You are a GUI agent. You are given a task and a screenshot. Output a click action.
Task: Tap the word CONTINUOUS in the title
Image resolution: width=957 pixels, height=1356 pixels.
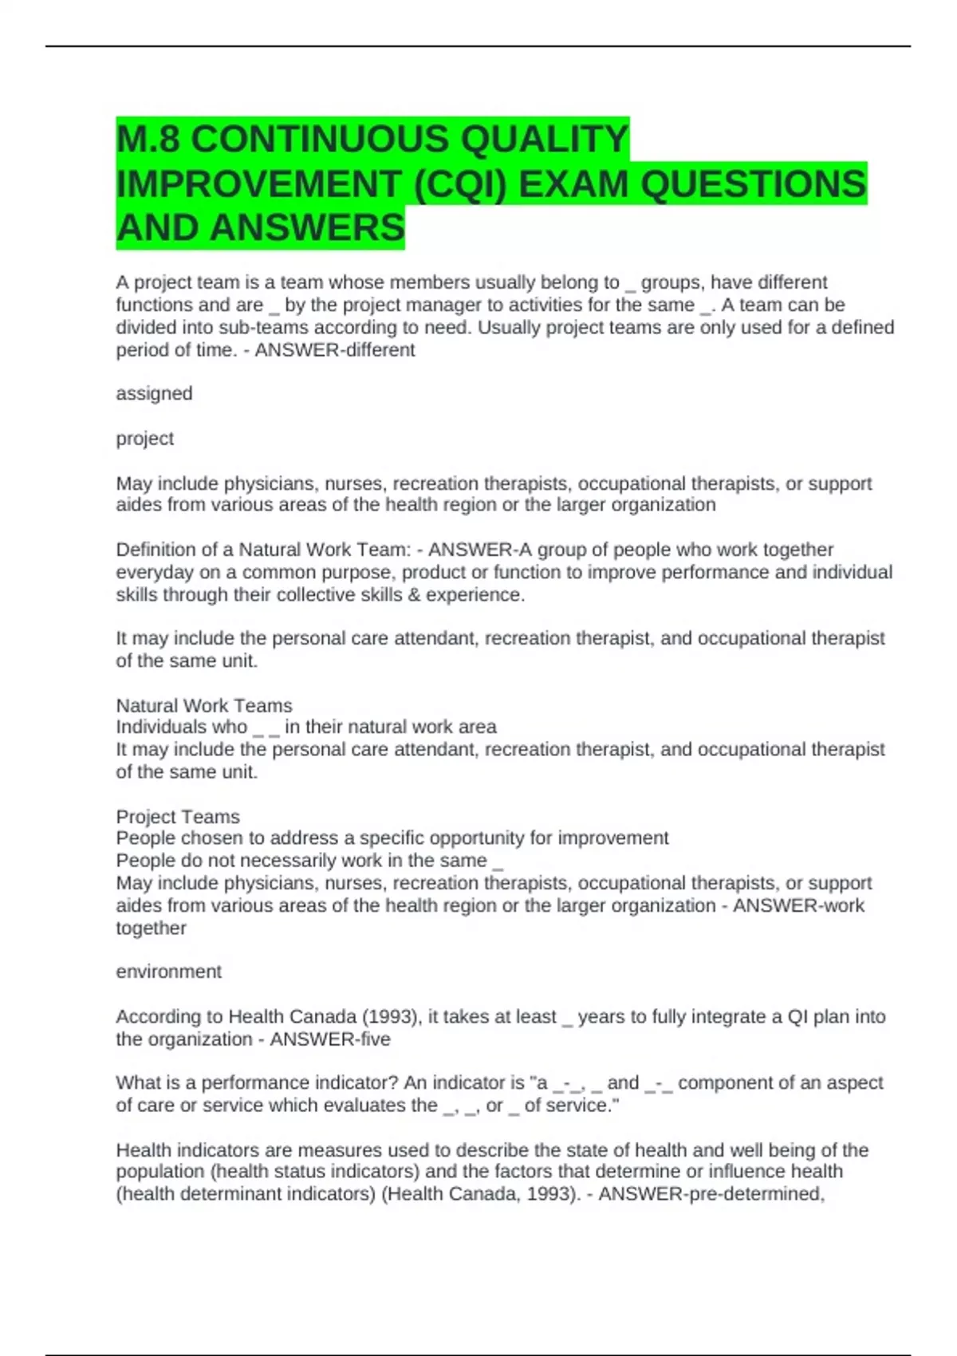coord(320,140)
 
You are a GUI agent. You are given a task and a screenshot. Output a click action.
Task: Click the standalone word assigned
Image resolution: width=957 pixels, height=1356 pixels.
coord(154,393)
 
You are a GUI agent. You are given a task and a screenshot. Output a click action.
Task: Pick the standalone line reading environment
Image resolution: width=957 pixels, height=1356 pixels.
coord(168,972)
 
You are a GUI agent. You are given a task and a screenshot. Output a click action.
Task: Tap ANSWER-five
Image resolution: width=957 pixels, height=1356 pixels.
coord(330,1039)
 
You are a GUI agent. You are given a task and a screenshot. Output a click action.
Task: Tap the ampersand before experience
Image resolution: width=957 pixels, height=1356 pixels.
coord(413,595)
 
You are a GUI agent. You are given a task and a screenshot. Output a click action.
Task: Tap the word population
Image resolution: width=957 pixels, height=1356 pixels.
coord(160,1172)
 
